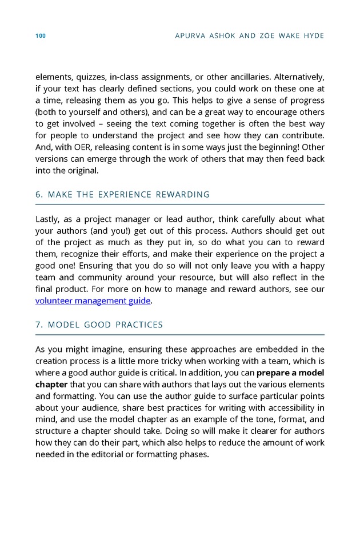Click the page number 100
click(x=40, y=36)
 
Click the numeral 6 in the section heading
click(x=38, y=195)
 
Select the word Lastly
click(x=49, y=219)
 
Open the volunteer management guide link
click(x=93, y=301)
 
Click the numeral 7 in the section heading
click(x=38, y=325)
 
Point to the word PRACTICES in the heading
click(x=140, y=325)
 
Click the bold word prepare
click(x=274, y=373)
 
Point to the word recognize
click(x=79, y=254)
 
